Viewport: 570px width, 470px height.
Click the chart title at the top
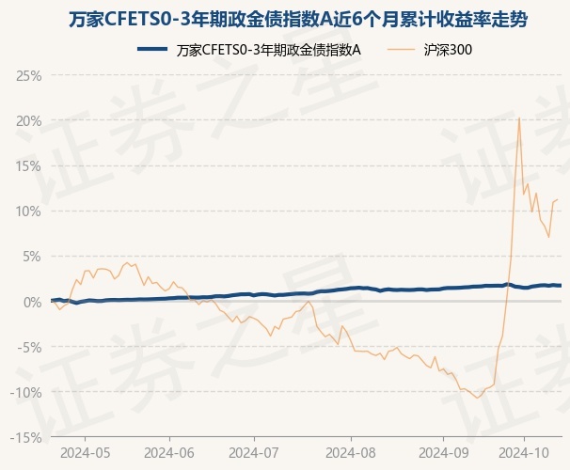(x=284, y=19)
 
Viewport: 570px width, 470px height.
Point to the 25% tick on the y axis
(x=28, y=75)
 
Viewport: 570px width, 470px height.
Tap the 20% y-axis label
(x=28, y=120)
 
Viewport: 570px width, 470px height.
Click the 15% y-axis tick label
(x=28, y=165)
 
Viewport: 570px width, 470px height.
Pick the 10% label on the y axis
(x=28, y=211)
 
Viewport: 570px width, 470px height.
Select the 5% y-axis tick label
(x=31, y=256)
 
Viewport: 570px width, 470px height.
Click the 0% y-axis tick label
(x=31, y=301)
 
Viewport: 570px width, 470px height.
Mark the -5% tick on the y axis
(x=28, y=346)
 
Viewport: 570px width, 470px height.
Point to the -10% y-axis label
(x=25, y=391)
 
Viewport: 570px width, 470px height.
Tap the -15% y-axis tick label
(x=25, y=436)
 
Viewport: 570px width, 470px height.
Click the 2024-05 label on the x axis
(x=85, y=452)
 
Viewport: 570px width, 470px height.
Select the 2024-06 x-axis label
(x=169, y=452)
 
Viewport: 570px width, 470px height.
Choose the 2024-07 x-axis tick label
(x=254, y=452)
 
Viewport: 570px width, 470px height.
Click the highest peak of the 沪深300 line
(x=519, y=117)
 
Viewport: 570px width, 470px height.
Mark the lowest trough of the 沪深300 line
(x=478, y=398)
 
